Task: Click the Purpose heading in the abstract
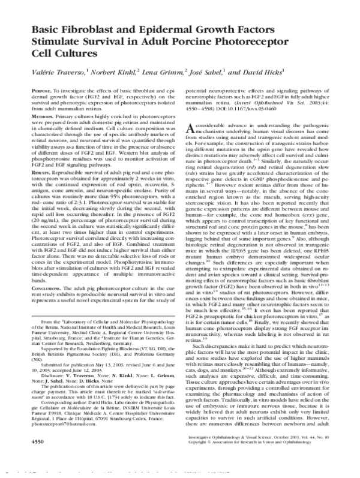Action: [x=35, y=106]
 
